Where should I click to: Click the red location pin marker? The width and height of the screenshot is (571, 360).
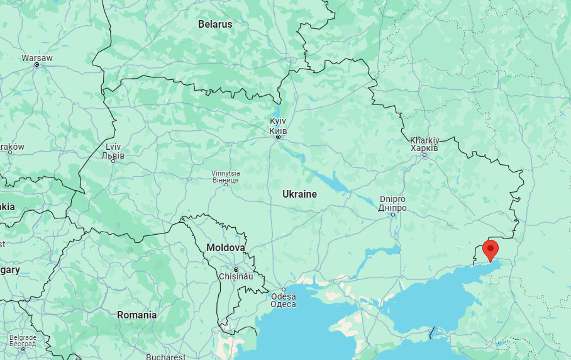pyautogui.click(x=491, y=249)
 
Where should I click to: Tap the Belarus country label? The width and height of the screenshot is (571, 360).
pyautogui.click(x=215, y=25)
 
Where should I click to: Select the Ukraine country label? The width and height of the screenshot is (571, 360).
pyautogui.click(x=299, y=194)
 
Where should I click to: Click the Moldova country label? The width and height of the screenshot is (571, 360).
pyautogui.click(x=225, y=248)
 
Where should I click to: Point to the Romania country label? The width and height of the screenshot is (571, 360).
pyautogui.click(x=136, y=315)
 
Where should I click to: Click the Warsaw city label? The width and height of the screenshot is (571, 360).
pyautogui.click(x=37, y=58)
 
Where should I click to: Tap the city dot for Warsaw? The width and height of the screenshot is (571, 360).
pyautogui.click(x=37, y=65)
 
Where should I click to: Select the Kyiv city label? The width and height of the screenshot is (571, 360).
pyautogui.click(x=278, y=126)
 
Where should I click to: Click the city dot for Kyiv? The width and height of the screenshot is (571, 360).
pyautogui.click(x=278, y=137)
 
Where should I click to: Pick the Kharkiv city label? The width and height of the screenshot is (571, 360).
pyautogui.click(x=424, y=143)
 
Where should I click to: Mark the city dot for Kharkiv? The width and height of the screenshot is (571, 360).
pyautogui.click(x=424, y=154)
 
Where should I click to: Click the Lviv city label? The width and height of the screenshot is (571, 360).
pyautogui.click(x=114, y=151)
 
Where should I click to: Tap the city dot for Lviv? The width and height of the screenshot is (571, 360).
pyautogui.click(x=113, y=161)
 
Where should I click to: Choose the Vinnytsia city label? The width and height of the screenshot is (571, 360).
pyautogui.click(x=225, y=177)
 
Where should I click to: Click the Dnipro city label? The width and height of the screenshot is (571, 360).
pyautogui.click(x=393, y=203)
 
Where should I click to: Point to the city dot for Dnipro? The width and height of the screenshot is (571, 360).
pyautogui.click(x=393, y=215)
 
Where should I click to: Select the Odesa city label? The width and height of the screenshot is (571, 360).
pyautogui.click(x=283, y=300)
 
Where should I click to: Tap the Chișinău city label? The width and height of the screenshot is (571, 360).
pyautogui.click(x=235, y=276)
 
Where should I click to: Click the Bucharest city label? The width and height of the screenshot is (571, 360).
pyautogui.click(x=165, y=357)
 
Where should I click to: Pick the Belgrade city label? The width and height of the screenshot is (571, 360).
pyautogui.click(x=23, y=340)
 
